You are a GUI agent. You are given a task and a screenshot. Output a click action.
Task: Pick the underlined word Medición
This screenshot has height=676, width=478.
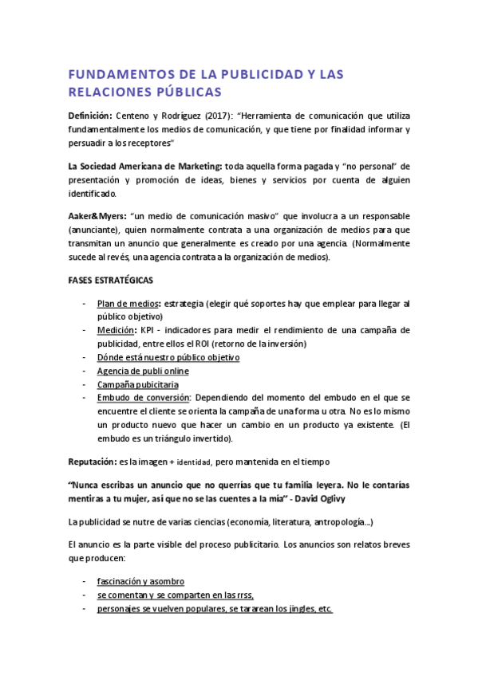pos(116,330)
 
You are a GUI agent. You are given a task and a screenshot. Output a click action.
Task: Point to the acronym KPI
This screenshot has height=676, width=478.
pos(148,330)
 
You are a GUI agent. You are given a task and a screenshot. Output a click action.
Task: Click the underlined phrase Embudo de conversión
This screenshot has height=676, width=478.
pos(144,398)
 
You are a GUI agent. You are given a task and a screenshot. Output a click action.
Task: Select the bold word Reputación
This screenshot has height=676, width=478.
pos(93,461)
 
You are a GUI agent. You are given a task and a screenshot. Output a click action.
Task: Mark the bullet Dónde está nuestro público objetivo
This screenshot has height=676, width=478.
pos(168,357)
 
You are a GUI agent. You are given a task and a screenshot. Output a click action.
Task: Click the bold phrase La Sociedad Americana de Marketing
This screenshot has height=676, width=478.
pos(145,166)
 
